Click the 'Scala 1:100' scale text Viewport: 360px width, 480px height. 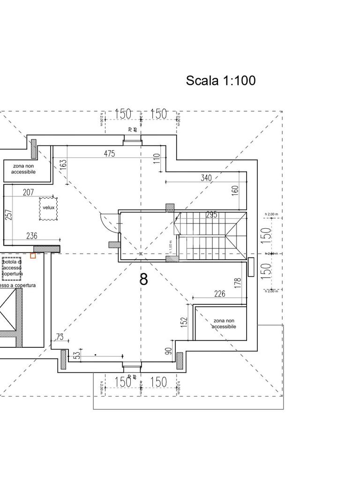[221, 81]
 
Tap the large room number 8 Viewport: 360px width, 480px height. [144, 279]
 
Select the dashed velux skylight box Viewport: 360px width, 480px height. [48, 208]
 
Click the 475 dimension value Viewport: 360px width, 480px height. [109, 154]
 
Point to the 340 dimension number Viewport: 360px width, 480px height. [206, 178]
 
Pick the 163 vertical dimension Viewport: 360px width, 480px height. [63, 165]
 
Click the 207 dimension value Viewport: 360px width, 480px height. [28, 192]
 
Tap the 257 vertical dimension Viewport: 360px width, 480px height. [8, 214]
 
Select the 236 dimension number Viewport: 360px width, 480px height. [32, 236]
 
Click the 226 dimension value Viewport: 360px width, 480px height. [219, 294]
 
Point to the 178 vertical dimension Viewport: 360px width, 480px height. [238, 283]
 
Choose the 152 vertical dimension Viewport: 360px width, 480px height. [184, 322]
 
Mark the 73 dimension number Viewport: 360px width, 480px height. [60, 337]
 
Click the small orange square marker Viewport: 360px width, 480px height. [33, 255]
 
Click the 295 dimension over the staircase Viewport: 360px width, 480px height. [211, 215]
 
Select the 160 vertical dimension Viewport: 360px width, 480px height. [235, 190]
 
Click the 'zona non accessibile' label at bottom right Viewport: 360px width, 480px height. [224, 323]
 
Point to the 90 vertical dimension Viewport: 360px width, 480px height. [169, 351]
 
